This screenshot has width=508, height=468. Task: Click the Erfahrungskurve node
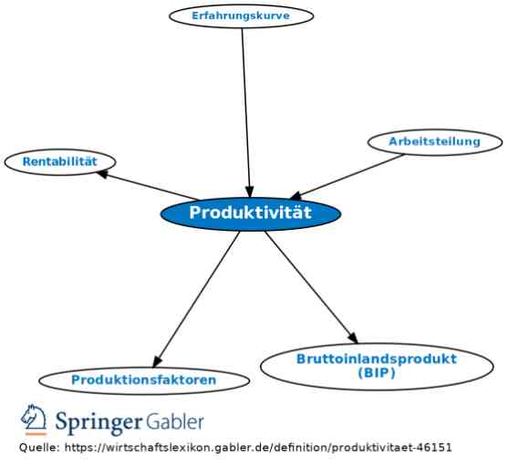click(242, 16)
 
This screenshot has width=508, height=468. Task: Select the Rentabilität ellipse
click(60, 161)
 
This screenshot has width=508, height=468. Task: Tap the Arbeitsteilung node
click(435, 142)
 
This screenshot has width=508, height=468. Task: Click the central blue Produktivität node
click(251, 213)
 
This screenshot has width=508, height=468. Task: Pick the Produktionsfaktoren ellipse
click(144, 380)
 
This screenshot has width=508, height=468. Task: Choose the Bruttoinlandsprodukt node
click(377, 366)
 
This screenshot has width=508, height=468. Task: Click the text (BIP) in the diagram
click(377, 373)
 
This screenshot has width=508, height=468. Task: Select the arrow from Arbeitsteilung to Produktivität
click(347, 177)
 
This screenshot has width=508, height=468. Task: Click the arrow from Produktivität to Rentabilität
click(148, 185)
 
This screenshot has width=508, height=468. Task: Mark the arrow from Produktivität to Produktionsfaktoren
click(196, 299)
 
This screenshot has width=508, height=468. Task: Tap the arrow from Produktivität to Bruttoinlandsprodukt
click(311, 287)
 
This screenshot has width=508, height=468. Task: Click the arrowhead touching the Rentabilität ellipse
click(102, 174)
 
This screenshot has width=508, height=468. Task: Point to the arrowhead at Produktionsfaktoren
click(157, 361)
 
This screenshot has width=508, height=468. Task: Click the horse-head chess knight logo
click(34, 420)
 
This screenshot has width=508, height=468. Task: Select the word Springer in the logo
click(98, 422)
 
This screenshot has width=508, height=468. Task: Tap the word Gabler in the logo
click(174, 421)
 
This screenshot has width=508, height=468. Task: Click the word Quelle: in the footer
click(39, 448)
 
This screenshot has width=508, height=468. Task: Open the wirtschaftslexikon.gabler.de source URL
click(258, 448)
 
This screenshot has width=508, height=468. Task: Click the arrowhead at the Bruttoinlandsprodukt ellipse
click(353, 338)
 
